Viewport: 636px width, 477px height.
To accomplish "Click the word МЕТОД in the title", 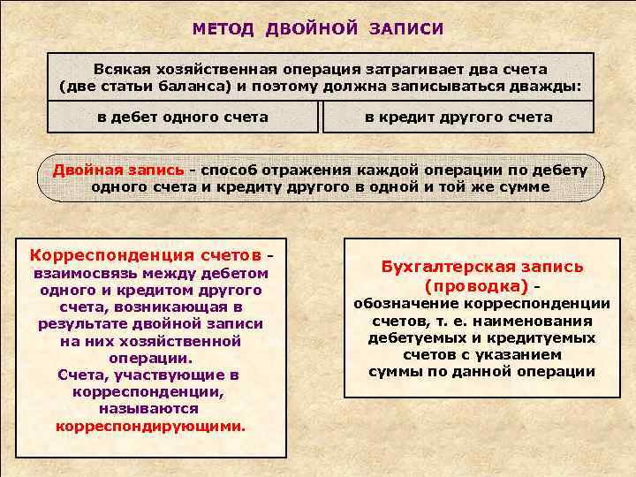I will click(x=223, y=29).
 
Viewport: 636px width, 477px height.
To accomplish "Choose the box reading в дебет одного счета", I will click(x=183, y=117).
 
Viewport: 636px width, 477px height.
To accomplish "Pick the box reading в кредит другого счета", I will click(x=458, y=117).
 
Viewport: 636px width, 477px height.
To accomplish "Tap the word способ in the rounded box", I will click(x=234, y=170).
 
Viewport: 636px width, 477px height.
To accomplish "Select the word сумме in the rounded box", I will click(x=519, y=186).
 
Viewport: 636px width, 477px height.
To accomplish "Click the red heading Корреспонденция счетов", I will click(x=146, y=255).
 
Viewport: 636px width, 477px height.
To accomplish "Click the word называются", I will click(x=148, y=409).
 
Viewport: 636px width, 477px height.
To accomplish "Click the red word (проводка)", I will click(x=476, y=286).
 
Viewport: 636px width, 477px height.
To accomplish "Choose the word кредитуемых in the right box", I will click(x=549, y=337).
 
